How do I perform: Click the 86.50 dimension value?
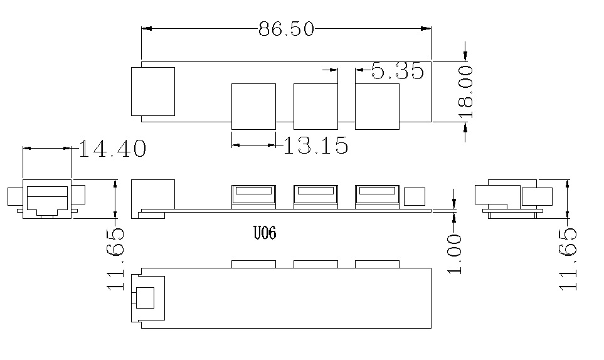pos(286,29)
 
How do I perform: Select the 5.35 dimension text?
pos(398,71)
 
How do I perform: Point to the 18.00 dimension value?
pos(465,92)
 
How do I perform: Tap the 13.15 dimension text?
pos(316,146)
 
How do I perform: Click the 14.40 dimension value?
pos(112,149)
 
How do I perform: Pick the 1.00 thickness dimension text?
pos(455,254)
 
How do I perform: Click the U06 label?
pos(265,233)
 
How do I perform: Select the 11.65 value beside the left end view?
pos(116,259)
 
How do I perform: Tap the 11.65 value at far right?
pos(568,259)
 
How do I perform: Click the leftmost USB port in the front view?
pos(253,197)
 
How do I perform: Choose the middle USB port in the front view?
pos(315,197)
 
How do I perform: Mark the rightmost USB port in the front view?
pos(377,197)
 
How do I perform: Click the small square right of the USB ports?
pos(415,196)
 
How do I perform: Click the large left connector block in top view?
pos(153,92)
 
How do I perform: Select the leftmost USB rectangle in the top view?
pos(253,106)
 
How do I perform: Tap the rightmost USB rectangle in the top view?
pos(377,106)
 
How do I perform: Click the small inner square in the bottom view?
pos(146,298)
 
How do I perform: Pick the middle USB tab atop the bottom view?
pos(315,264)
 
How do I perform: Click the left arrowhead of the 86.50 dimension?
pos(147,28)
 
